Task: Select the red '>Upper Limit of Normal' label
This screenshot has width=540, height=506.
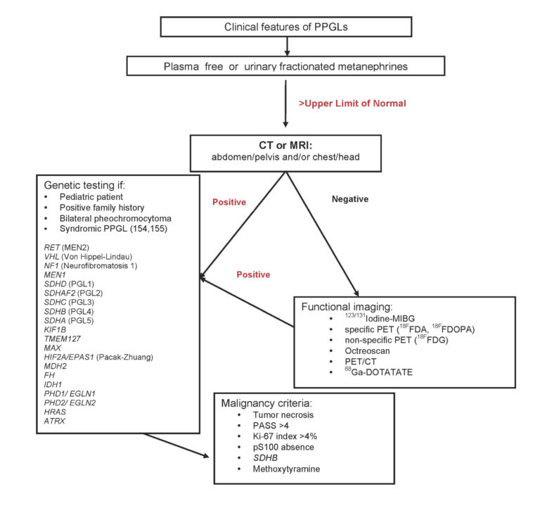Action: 352,103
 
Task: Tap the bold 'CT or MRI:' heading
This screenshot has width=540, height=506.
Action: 285,145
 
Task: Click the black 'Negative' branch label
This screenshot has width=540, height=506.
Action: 350,199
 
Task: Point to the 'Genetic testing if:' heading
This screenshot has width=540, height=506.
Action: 84,185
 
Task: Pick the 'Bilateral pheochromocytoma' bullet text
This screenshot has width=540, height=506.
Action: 115,219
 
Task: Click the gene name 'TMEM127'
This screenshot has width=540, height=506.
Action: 63,339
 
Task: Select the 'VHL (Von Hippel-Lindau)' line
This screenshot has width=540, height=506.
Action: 88,257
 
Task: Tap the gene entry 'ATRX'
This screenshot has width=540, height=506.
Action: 54,421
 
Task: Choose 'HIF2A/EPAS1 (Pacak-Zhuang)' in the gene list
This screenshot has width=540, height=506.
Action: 98,357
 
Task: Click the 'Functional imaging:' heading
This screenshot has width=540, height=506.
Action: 347,307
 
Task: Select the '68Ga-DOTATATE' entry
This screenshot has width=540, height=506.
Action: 378,372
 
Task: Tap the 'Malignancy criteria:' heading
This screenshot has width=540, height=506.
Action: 266,403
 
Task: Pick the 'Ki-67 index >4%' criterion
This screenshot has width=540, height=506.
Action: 285,436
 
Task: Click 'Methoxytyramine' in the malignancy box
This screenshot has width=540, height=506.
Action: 286,469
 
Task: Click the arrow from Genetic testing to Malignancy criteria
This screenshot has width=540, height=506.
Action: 176,445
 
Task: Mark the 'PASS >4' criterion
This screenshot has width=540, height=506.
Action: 271,426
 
